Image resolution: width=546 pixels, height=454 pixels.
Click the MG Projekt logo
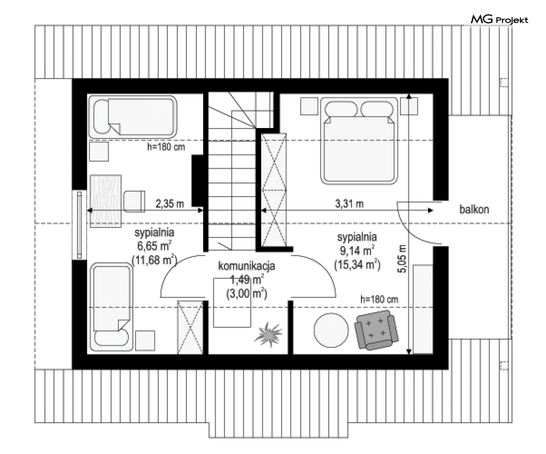[499, 20]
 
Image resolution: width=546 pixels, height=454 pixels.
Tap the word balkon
[474, 209]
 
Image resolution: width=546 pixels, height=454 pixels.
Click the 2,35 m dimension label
[170, 203]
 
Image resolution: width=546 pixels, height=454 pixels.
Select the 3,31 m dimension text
[349, 203]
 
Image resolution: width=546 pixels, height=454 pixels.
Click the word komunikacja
[246, 265]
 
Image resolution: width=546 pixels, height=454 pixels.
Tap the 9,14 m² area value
[357, 251]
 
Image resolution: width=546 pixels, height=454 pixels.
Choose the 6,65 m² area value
[154, 246]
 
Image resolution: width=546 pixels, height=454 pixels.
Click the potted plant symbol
[268, 334]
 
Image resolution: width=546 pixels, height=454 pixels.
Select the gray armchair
[376, 330]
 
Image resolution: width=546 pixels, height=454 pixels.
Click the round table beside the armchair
[331, 330]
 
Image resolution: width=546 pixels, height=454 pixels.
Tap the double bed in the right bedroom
[359, 141]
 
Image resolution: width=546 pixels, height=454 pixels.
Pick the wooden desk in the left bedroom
[106, 201]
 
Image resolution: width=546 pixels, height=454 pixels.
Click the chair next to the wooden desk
[134, 201]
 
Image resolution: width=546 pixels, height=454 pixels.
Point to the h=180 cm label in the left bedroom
[166, 147]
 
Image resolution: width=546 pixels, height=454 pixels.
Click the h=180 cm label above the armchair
[379, 299]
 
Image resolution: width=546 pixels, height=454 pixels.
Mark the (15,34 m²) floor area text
[357, 265]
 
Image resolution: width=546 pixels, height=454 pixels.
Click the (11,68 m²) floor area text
[154, 260]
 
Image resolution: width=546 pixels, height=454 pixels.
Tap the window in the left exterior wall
[80, 225]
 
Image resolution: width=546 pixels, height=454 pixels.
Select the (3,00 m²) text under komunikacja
[246, 294]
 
